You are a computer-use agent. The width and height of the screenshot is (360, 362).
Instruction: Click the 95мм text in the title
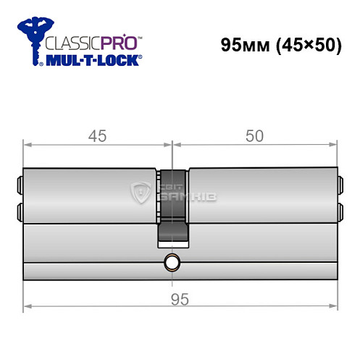coord(243,45)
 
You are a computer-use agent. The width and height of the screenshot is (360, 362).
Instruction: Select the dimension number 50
coord(254,135)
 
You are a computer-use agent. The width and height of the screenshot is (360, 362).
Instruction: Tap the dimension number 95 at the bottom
coord(180,298)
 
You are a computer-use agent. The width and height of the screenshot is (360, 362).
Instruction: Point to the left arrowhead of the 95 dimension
coord(28,307)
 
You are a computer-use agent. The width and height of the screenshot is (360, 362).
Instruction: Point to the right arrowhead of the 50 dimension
coord(333,143)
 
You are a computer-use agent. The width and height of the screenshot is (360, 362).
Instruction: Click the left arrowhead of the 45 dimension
coord(28,143)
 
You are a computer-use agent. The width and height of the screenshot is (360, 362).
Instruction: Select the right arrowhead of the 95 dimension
coord(333,307)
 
